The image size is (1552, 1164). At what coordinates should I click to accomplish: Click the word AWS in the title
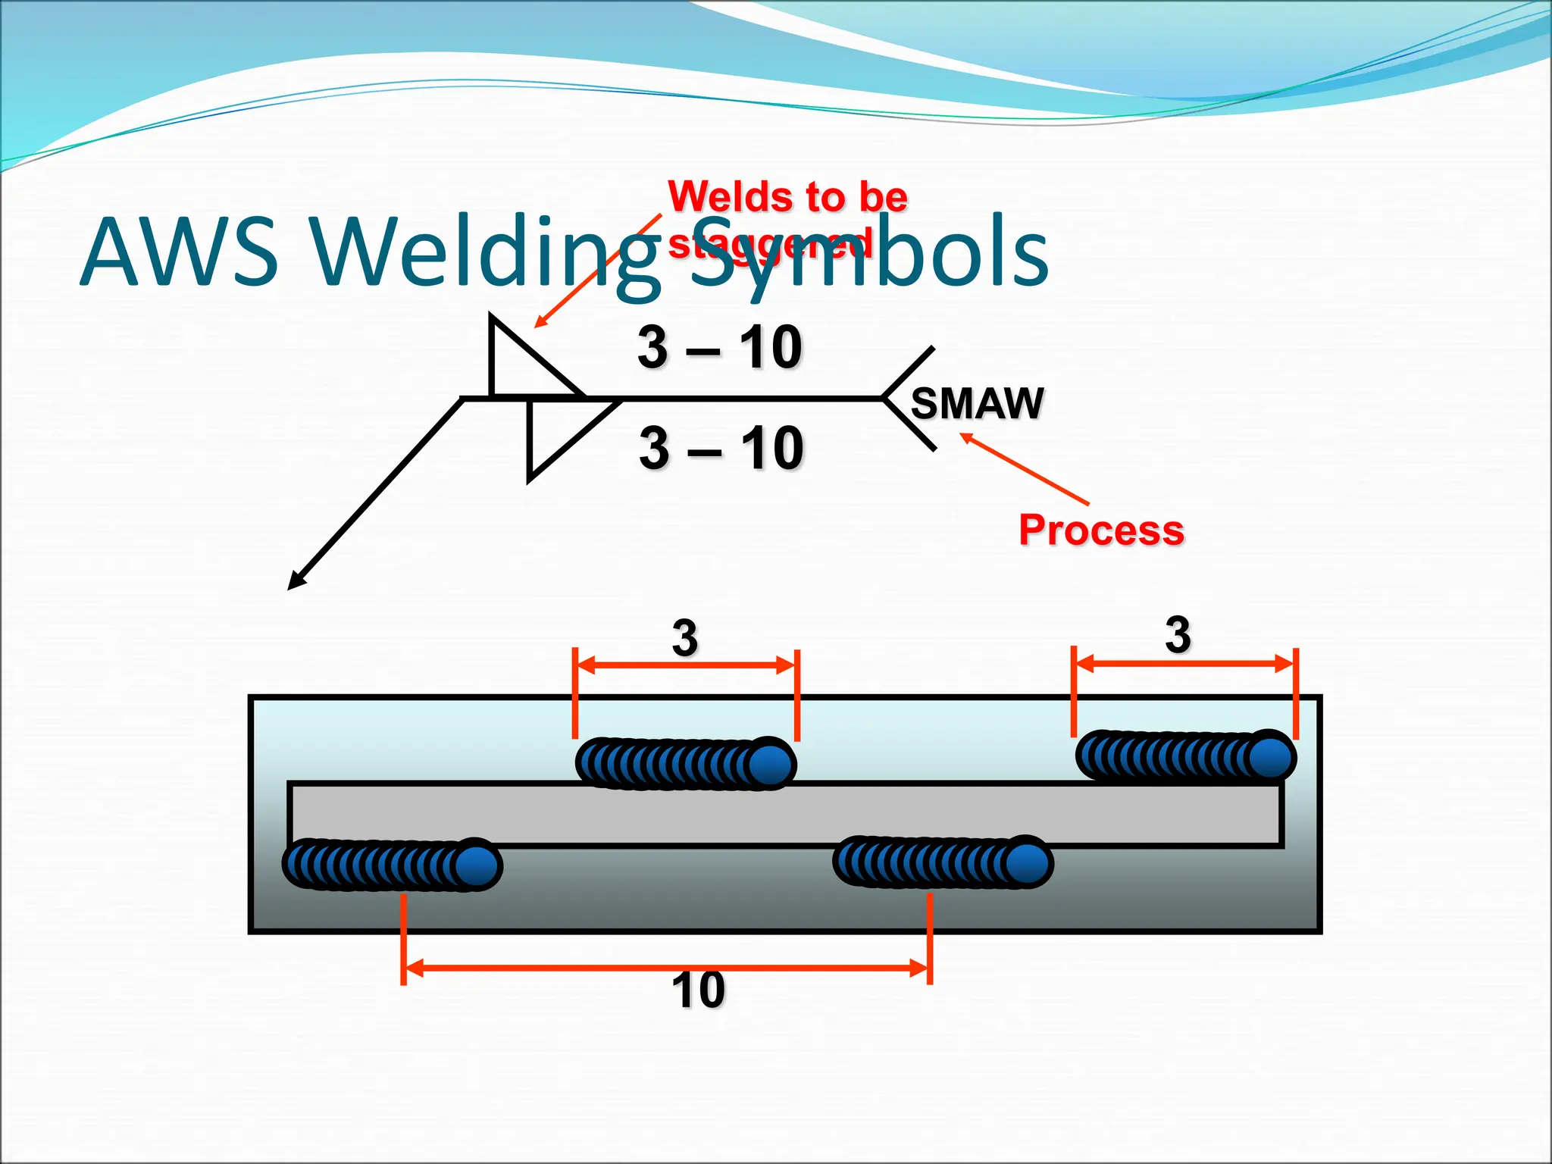179,252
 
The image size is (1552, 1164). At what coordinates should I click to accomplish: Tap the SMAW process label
977,403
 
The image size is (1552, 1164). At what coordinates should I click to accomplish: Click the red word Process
1100,530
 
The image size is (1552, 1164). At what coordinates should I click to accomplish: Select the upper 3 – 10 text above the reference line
719,348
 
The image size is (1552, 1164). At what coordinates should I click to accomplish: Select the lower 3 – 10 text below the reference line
721,448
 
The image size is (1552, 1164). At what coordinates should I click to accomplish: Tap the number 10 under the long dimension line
698,990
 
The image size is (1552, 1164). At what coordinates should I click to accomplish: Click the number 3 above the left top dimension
684,638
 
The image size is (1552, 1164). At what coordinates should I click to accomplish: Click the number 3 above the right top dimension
1178,635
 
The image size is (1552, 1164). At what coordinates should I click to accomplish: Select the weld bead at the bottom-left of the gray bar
391,865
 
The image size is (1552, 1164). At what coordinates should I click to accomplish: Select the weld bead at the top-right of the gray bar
1185,756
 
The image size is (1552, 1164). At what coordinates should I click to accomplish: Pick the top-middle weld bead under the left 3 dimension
685,764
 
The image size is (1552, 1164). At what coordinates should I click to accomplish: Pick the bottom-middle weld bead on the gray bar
943,862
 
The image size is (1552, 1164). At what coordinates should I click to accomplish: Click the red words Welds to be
787,197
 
